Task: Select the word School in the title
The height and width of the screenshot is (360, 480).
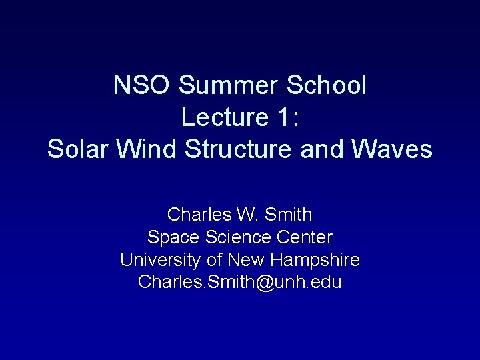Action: [326, 85]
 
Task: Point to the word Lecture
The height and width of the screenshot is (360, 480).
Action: [223, 117]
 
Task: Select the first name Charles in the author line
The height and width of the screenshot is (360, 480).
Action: [198, 215]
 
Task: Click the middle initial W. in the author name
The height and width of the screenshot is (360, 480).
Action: [243, 215]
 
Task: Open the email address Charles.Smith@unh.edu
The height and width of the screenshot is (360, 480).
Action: [240, 282]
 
